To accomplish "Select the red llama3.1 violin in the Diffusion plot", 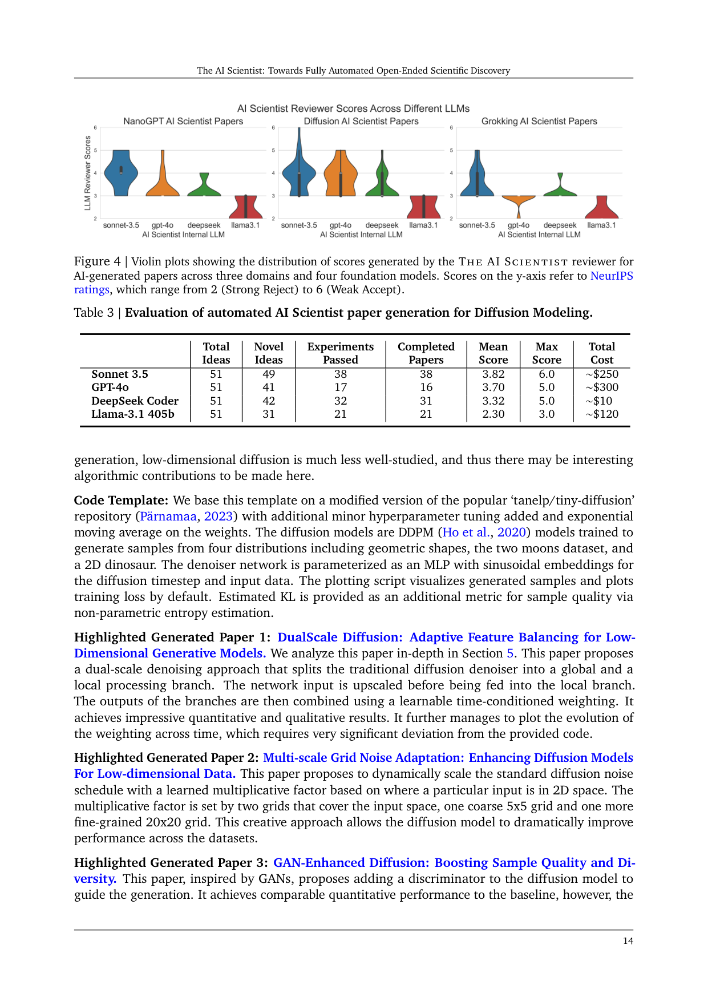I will [x=423, y=208].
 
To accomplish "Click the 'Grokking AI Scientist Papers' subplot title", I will [x=539, y=121].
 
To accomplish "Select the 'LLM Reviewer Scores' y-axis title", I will [x=88, y=172].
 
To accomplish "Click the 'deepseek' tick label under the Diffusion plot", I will [x=382, y=225].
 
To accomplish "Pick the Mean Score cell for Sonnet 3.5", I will [x=493, y=374].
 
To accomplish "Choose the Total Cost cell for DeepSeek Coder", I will [x=602, y=401].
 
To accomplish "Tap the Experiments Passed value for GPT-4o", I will [x=340, y=388].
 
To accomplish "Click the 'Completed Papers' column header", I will [x=426, y=353].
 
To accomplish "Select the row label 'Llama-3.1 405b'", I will [x=133, y=414].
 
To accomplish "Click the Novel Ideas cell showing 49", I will [x=268, y=374].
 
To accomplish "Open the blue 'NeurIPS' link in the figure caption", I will [x=611, y=276].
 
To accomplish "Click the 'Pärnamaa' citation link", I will [x=168, y=516].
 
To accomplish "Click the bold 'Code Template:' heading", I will [x=121, y=500].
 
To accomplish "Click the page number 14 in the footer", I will [x=628, y=941].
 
